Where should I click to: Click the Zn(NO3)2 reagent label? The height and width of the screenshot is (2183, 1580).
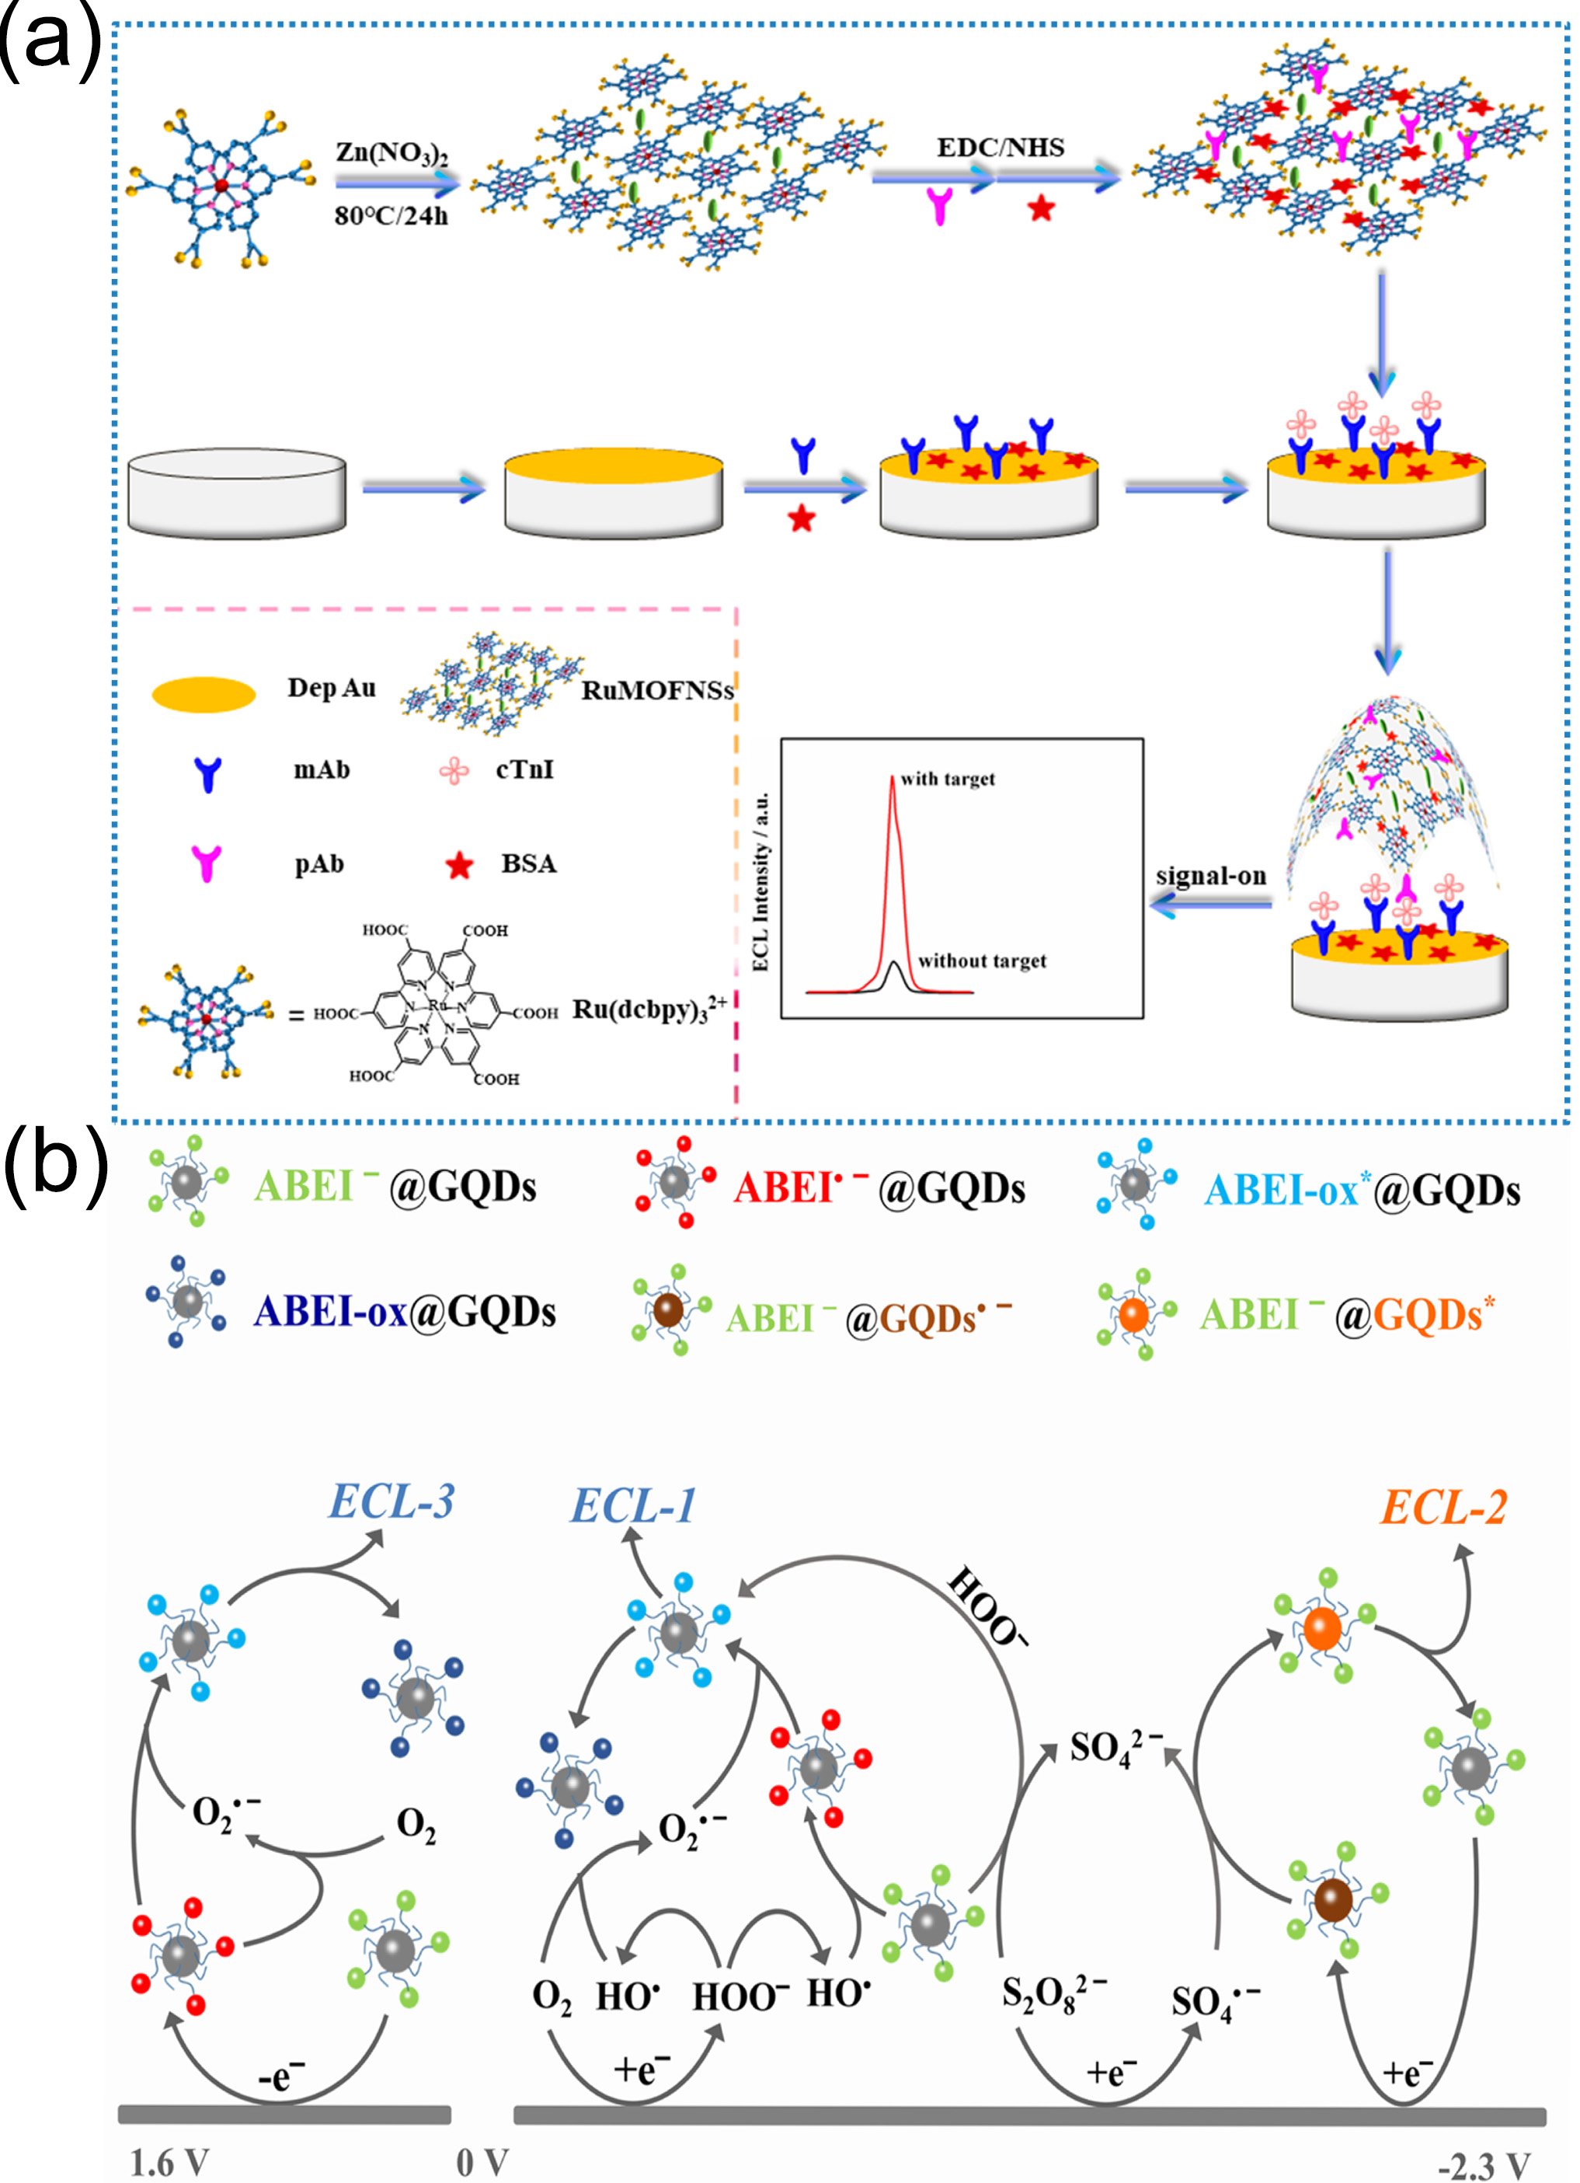tap(392, 153)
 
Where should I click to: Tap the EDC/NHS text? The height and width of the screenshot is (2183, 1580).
tap(1001, 147)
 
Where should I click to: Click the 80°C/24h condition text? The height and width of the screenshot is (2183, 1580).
tap(391, 215)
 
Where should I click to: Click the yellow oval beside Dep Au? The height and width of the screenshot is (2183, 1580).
tap(203, 694)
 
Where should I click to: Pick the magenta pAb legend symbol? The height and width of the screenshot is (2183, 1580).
tap(206, 863)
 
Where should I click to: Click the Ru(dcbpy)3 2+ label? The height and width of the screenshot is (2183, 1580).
tap(649, 1010)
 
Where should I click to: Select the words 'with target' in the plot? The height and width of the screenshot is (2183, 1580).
tap(948, 779)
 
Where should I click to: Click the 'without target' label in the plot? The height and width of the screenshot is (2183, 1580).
tap(982, 961)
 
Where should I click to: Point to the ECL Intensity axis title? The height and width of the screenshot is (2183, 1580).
tap(761, 881)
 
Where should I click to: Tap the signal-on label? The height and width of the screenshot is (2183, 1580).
tap(1210, 876)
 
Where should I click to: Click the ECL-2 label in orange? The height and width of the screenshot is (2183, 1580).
tap(1443, 1508)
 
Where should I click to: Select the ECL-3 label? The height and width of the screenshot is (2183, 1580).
tap(392, 1501)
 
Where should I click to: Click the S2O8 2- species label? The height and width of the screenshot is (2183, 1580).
tap(1053, 1993)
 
